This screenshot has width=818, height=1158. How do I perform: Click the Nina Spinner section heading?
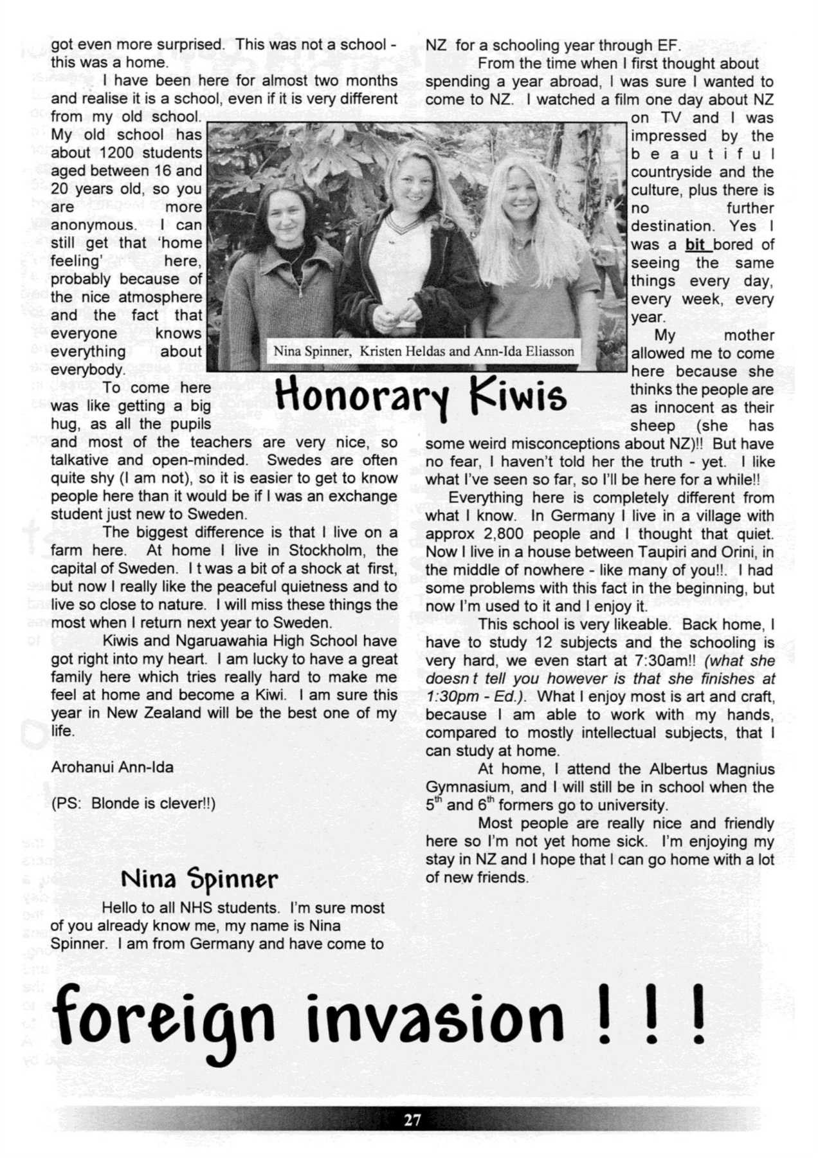(x=200, y=878)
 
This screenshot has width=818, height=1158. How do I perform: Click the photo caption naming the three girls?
(x=424, y=351)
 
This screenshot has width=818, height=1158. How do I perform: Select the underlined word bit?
(x=695, y=244)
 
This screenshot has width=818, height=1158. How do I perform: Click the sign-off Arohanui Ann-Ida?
(x=112, y=767)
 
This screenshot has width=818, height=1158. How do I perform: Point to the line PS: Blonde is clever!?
(x=133, y=804)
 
